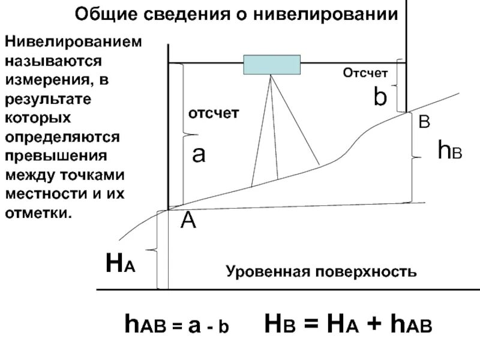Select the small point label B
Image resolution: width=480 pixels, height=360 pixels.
tap(424, 122)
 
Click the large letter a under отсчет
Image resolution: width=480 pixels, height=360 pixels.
tap(199, 155)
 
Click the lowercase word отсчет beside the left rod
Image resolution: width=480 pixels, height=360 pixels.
tap(214, 113)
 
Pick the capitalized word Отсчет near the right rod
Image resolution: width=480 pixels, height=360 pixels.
tap(365, 73)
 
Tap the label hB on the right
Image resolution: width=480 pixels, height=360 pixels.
tap(449, 150)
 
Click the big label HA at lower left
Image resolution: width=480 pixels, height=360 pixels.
tap(120, 263)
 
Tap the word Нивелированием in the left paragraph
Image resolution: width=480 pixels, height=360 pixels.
tap(74, 43)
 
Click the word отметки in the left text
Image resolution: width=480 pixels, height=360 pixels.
tap(38, 213)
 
